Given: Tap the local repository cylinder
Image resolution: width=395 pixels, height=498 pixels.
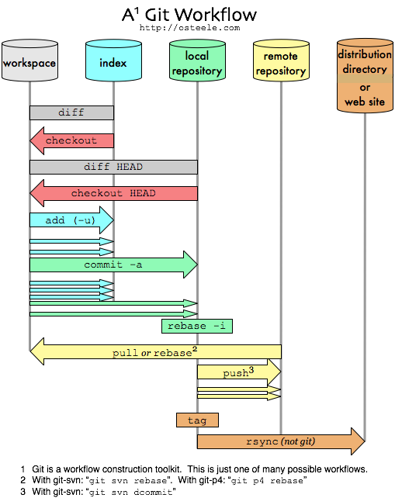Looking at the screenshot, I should (197, 62).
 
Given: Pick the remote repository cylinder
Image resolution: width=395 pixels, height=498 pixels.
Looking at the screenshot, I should (281, 62).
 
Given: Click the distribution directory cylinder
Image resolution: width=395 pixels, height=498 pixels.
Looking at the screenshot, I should (365, 76).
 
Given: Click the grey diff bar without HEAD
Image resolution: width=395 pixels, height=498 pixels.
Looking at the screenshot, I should (71, 112).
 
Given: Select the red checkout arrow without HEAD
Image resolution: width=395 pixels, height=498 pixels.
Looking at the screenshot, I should (71, 140).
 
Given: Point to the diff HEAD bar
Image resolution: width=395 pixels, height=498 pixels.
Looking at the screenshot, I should (113, 167).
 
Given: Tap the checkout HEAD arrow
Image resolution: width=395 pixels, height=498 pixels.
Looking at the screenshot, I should (113, 193).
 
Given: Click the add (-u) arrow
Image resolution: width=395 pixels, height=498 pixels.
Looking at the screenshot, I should (71, 220).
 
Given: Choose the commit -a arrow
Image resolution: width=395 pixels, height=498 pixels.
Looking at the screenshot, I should (113, 265).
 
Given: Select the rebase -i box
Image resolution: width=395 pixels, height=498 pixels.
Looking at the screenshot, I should (197, 326).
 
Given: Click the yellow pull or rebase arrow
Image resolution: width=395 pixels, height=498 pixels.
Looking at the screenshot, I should (155, 352).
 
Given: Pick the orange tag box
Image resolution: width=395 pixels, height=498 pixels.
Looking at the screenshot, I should (197, 420).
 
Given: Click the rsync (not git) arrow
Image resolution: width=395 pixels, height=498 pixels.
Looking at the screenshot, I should (280, 441).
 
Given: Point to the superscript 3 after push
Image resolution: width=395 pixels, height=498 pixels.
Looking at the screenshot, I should (251, 371).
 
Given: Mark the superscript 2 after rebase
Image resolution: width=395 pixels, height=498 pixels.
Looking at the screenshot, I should (195, 349).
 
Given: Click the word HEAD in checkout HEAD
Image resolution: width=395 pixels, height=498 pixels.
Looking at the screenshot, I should (143, 193).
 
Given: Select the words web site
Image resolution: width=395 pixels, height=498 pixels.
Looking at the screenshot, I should (365, 102).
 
